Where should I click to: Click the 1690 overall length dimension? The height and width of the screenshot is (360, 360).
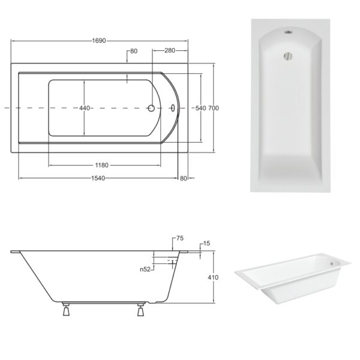(x=99, y=41)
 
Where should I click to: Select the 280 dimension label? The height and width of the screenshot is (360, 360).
(x=170, y=50)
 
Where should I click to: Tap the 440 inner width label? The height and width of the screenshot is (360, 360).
(x=85, y=108)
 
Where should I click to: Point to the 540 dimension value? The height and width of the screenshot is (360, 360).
(x=200, y=108)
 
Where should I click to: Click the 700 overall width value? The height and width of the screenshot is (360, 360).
(x=214, y=108)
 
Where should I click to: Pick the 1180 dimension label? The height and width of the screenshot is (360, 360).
(x=102, y=165)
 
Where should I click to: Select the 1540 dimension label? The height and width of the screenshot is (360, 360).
(x=98, y=178)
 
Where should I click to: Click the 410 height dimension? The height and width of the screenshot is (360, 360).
(x=213, y=277)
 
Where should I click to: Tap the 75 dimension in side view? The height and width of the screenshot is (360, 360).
(x=180, y=238)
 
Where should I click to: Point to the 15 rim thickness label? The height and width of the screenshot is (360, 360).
(x=206, y=244)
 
